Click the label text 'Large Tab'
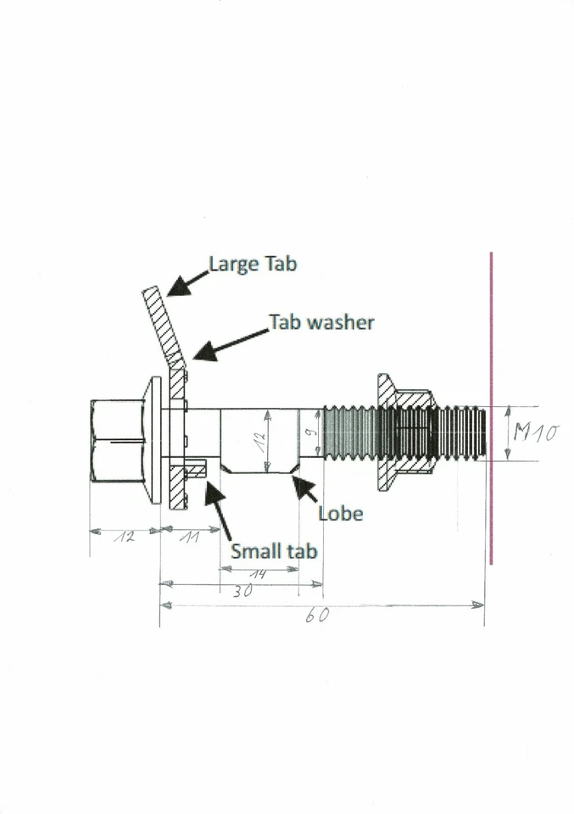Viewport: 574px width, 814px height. click(253, 264)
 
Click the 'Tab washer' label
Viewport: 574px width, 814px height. click(321, 322)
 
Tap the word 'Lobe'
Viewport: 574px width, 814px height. click(341, 513)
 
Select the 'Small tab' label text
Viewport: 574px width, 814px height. click(275, 550)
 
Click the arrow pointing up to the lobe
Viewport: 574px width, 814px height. click(304, 491)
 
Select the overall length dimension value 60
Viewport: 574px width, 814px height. click(317, 616)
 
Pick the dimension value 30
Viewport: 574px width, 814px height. click(242, 593)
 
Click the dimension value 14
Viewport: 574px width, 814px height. click(257, 574)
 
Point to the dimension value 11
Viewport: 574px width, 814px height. click(189, 538)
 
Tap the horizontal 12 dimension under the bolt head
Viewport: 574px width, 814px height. click(125, 538)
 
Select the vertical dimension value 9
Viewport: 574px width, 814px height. click(311, 437)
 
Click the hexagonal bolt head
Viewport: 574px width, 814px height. click(117, 441)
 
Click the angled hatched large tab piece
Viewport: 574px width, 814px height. click(164, 326)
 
